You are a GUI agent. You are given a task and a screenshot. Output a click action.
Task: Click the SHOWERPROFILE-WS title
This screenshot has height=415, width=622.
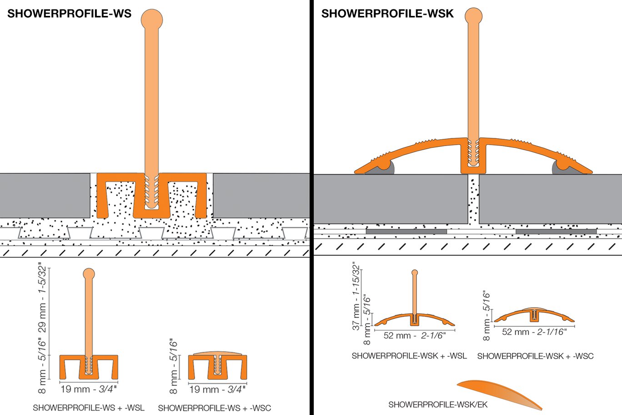point(69,14)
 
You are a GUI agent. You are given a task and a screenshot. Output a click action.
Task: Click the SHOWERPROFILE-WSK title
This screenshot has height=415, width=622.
point(387,14)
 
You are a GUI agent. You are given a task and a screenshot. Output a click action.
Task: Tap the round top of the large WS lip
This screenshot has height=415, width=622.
point(152,20)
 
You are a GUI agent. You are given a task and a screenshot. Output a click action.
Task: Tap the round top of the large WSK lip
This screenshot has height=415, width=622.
point(474,17)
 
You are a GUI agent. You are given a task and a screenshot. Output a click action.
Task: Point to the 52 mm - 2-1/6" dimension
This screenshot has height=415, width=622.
point(414,336)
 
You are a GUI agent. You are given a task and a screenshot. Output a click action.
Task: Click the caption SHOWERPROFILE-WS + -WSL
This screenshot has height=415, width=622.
point(89,408)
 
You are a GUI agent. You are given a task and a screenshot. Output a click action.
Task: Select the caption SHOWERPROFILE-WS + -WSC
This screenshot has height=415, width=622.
point(214,408)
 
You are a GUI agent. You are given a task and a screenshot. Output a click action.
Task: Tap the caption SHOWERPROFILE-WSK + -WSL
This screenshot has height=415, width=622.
point(409,356)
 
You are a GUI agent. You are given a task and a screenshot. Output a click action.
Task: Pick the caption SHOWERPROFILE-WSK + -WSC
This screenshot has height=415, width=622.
point(535,356)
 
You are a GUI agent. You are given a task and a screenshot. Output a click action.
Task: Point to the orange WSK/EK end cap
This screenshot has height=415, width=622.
point(500,393)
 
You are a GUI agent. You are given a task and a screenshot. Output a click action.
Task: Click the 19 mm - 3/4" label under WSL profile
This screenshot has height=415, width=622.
point(89,389)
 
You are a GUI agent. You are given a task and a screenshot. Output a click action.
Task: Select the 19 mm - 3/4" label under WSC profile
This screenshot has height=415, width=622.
point(217,390)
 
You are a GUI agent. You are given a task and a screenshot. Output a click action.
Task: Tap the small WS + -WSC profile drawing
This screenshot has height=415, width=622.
point(218,366)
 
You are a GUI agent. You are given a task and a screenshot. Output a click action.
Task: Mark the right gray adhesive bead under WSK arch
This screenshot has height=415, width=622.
point(561,168)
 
